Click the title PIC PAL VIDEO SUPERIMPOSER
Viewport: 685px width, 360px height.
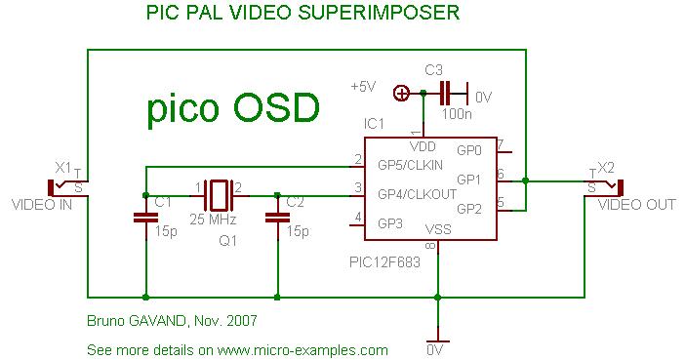click(x=303, y=13)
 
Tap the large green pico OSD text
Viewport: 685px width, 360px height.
click(x=232, y=109)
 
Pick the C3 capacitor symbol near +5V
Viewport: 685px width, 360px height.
click(x=447, y=95)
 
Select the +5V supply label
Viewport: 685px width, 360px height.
click(x=363, y=87)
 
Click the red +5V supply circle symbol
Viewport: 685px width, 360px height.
click(x=400, y=94)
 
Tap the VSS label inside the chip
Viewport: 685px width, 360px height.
click(x=437, y=230)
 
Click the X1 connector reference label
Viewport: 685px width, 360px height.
click(x=64, y=166)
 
